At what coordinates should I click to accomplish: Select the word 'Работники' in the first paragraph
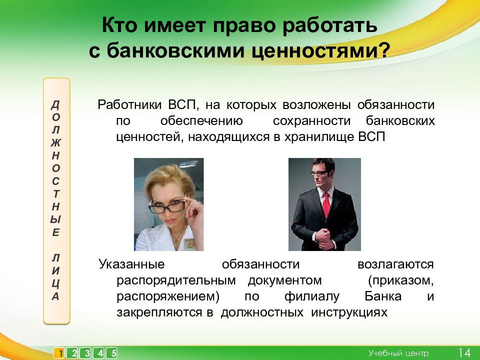[129, 104]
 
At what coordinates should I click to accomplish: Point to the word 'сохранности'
[311, 121]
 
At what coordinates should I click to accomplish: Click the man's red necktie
[326, 204]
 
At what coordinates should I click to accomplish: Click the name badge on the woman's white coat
[189, 240]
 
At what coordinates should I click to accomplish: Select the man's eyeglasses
[319, 173]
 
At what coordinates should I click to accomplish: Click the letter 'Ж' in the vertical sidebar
[55, 142]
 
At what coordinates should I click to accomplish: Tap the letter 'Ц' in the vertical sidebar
[55, 283]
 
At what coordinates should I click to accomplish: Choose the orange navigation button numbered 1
[59, 353]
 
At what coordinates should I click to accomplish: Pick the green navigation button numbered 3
[86, 353]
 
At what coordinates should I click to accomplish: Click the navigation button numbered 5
[112, 353]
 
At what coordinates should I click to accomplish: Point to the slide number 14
[464, 353]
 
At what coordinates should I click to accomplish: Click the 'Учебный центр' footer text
[398, 353]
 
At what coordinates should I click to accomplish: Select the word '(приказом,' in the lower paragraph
[400, 280]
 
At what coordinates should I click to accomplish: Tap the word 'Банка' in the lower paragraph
[383, 296]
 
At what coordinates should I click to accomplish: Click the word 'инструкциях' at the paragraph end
[349, 312]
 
